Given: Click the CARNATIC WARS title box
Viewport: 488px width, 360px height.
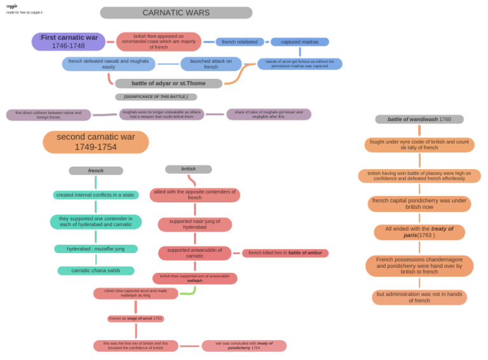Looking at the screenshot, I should (176, 13).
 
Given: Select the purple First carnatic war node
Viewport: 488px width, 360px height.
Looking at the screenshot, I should (69, 42).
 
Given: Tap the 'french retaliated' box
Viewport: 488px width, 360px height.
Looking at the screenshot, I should (240, 42).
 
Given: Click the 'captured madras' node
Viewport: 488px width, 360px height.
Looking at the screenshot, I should (300, 42).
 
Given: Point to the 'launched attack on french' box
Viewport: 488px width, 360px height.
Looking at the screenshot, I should (211, 64).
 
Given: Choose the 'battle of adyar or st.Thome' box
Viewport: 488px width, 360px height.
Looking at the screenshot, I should (169, 83).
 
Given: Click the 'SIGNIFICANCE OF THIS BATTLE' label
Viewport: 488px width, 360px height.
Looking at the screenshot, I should (156, 97).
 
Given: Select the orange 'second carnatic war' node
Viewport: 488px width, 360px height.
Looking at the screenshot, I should (96, 142).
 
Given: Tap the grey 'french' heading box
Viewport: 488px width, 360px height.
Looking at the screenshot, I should (96, 170).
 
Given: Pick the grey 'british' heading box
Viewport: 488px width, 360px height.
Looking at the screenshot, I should (189, 169).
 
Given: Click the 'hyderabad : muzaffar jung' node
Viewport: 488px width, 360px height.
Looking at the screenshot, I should (96, 249).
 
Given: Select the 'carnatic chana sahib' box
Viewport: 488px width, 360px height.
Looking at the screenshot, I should (96, 270).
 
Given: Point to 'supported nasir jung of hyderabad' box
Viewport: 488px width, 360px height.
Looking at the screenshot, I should (194, 225).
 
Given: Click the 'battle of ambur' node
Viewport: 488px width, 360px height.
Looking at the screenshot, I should (285, 253).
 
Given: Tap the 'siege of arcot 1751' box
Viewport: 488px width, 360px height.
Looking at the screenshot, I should (135, 319).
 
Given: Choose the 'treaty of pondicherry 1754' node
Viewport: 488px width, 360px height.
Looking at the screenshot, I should (244, 346).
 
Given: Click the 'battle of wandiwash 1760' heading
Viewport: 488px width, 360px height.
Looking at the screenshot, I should (419, 119).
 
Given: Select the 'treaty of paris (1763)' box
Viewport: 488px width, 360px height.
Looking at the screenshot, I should (419, 232).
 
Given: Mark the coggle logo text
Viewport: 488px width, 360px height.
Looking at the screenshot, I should (12, 6).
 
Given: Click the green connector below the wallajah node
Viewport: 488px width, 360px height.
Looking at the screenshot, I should (189, 291).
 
